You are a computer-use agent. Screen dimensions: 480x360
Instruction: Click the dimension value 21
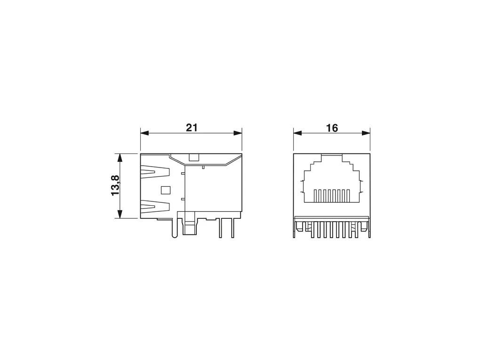coord(192,128)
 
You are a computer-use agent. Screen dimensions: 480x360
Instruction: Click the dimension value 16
coord(332,128)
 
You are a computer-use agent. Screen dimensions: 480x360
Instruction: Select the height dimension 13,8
coord(115,185)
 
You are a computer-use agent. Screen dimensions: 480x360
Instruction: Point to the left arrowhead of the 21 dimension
coord(144,133)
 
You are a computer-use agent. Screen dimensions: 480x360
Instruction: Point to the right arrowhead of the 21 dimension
coord(238,133)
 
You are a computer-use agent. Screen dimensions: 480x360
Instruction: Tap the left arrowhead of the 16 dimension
coord(297,133)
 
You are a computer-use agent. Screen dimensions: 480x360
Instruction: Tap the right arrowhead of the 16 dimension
coord(366,133)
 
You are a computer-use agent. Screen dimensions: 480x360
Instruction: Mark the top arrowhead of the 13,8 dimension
coord(120,158)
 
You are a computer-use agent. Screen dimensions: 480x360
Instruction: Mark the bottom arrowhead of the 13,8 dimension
coord(120,214)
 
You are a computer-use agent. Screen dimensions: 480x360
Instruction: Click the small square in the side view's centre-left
coord(165,190)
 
